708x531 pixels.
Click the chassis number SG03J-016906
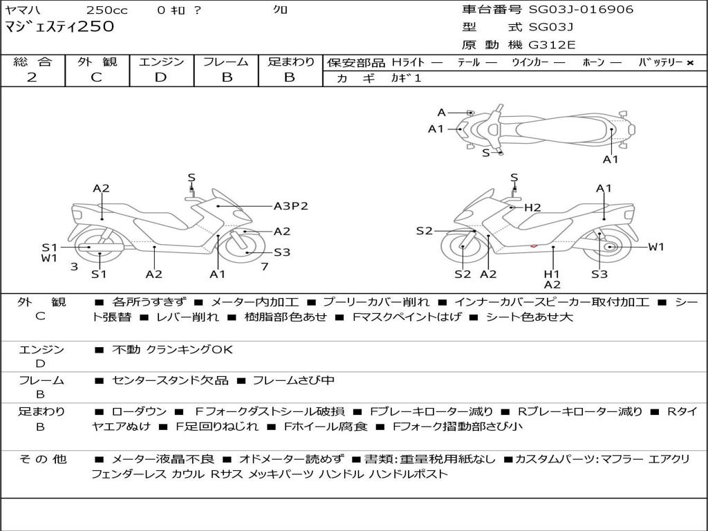tap(581, 10)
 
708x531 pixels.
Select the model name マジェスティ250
tap(59, 28)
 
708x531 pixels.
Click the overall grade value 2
tap(32, 77)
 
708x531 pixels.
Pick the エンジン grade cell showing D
tap(160, 77)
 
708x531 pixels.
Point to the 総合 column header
tap(32, 62)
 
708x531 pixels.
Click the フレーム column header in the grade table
tap(226, 62)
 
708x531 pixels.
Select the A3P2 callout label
tap(290, 206)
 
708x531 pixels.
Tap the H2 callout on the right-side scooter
tap(532, 207)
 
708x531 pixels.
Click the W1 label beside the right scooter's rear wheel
tap(655, 247)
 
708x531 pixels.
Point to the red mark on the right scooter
tap(534, 245)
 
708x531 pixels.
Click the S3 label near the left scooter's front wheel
tap(281, 252)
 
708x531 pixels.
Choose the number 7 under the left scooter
tap(264, 266)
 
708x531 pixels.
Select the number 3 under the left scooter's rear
tap(74, 266)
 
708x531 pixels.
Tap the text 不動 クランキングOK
tap(172, 350)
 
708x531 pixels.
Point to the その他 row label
tap(42, 459)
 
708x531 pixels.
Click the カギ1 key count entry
tap(406, 78)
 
